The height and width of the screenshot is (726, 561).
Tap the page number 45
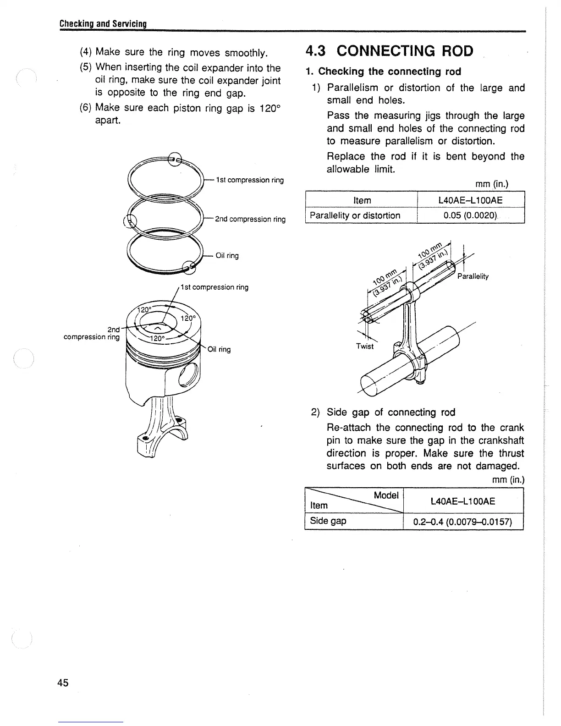63,683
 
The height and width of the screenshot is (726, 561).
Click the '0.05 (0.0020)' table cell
470,215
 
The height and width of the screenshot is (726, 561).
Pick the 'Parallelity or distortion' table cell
355,215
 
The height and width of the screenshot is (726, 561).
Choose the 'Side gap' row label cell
328,521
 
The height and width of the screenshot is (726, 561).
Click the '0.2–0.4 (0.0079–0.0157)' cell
462,522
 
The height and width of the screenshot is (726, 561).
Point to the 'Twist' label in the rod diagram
365,346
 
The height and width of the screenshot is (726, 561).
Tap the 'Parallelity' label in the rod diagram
473,276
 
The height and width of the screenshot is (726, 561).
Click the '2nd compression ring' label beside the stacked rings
250,219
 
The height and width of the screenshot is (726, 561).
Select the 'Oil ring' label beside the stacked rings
227,256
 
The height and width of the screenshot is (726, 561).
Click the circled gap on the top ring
174,159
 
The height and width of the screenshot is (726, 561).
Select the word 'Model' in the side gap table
386,495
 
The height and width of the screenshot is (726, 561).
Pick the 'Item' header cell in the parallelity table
362,200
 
